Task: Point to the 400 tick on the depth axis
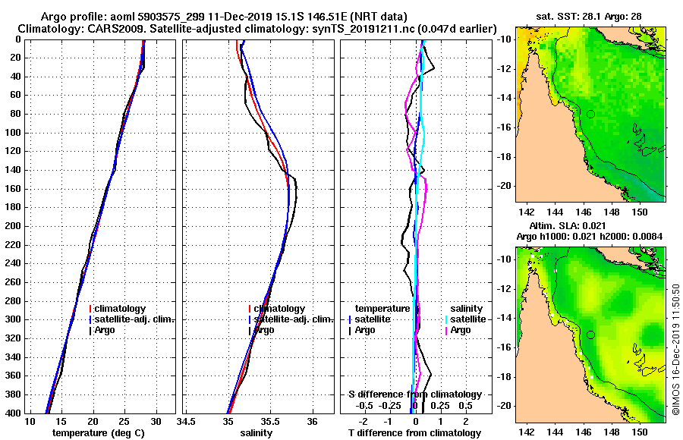[x=14, y=413]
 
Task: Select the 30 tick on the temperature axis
[x=156, y=421]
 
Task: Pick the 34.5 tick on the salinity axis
[x=186, y=421]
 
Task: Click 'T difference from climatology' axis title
[x=414, y=433]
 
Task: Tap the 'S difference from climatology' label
[x=414, y=394]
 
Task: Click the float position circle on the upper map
[x=590, y=114]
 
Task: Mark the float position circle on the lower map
[x=590, y=335]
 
